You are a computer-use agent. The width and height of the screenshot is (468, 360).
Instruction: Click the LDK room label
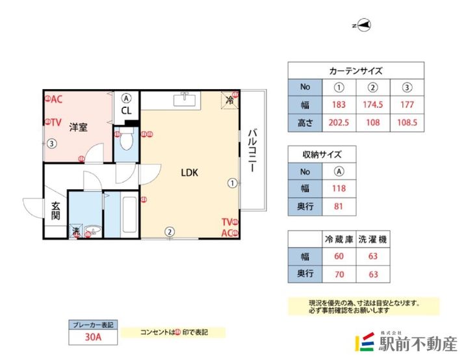(189, 173)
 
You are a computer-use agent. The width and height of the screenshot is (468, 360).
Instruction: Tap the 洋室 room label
(79, 127)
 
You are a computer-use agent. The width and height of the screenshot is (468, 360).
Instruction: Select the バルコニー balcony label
(252, 150)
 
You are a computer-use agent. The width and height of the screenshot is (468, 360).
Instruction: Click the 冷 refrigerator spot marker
(230, 100)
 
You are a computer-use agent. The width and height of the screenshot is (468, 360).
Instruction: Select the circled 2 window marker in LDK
(169, 231)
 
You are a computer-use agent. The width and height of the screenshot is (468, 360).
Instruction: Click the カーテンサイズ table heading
(356, 71)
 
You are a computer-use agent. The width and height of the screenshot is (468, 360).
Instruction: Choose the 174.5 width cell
(373, 105)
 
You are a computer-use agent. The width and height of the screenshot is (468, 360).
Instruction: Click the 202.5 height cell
(338, 122)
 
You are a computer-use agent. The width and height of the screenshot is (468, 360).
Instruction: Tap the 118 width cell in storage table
(338, 189)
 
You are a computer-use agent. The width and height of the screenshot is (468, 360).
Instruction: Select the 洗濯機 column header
(373, 240)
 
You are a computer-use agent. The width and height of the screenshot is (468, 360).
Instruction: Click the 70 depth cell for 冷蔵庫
(338, 274)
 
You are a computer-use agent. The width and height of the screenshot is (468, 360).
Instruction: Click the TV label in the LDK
(227, 222)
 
